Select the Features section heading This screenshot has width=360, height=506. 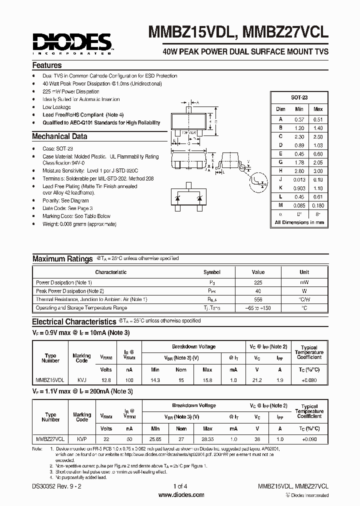47,65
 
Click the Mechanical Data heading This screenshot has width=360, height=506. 59,136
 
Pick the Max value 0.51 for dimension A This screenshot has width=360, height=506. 318,119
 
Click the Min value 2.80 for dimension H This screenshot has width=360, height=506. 299,171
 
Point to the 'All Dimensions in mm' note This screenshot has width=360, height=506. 299,222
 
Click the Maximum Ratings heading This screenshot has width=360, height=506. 62,259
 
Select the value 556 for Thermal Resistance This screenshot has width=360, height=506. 258,299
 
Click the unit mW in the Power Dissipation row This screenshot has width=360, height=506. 304,282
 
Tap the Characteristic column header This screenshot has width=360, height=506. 110,272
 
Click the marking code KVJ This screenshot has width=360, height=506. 81,380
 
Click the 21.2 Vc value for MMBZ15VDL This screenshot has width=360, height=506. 257,380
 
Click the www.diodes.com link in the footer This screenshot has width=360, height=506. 181,495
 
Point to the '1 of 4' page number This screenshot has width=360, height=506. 180,486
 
